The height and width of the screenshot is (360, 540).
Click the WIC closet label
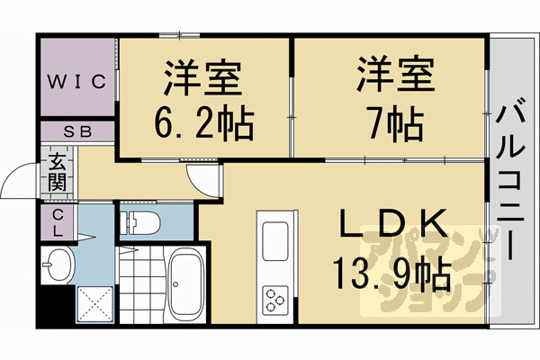coord(77,80)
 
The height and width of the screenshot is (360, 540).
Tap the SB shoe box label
coord(77,131)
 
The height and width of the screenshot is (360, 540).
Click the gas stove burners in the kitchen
coord(274,297)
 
